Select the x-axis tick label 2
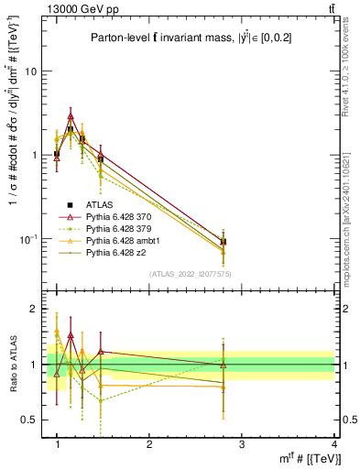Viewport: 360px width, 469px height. point(149,444)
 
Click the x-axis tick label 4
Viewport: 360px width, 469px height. point(333,444)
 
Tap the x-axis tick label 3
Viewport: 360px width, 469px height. point(242,444)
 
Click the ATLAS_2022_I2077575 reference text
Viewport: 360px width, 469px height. point(190,274)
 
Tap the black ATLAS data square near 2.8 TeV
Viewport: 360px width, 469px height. point(224,242)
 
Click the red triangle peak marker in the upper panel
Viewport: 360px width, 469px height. point(71,116)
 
